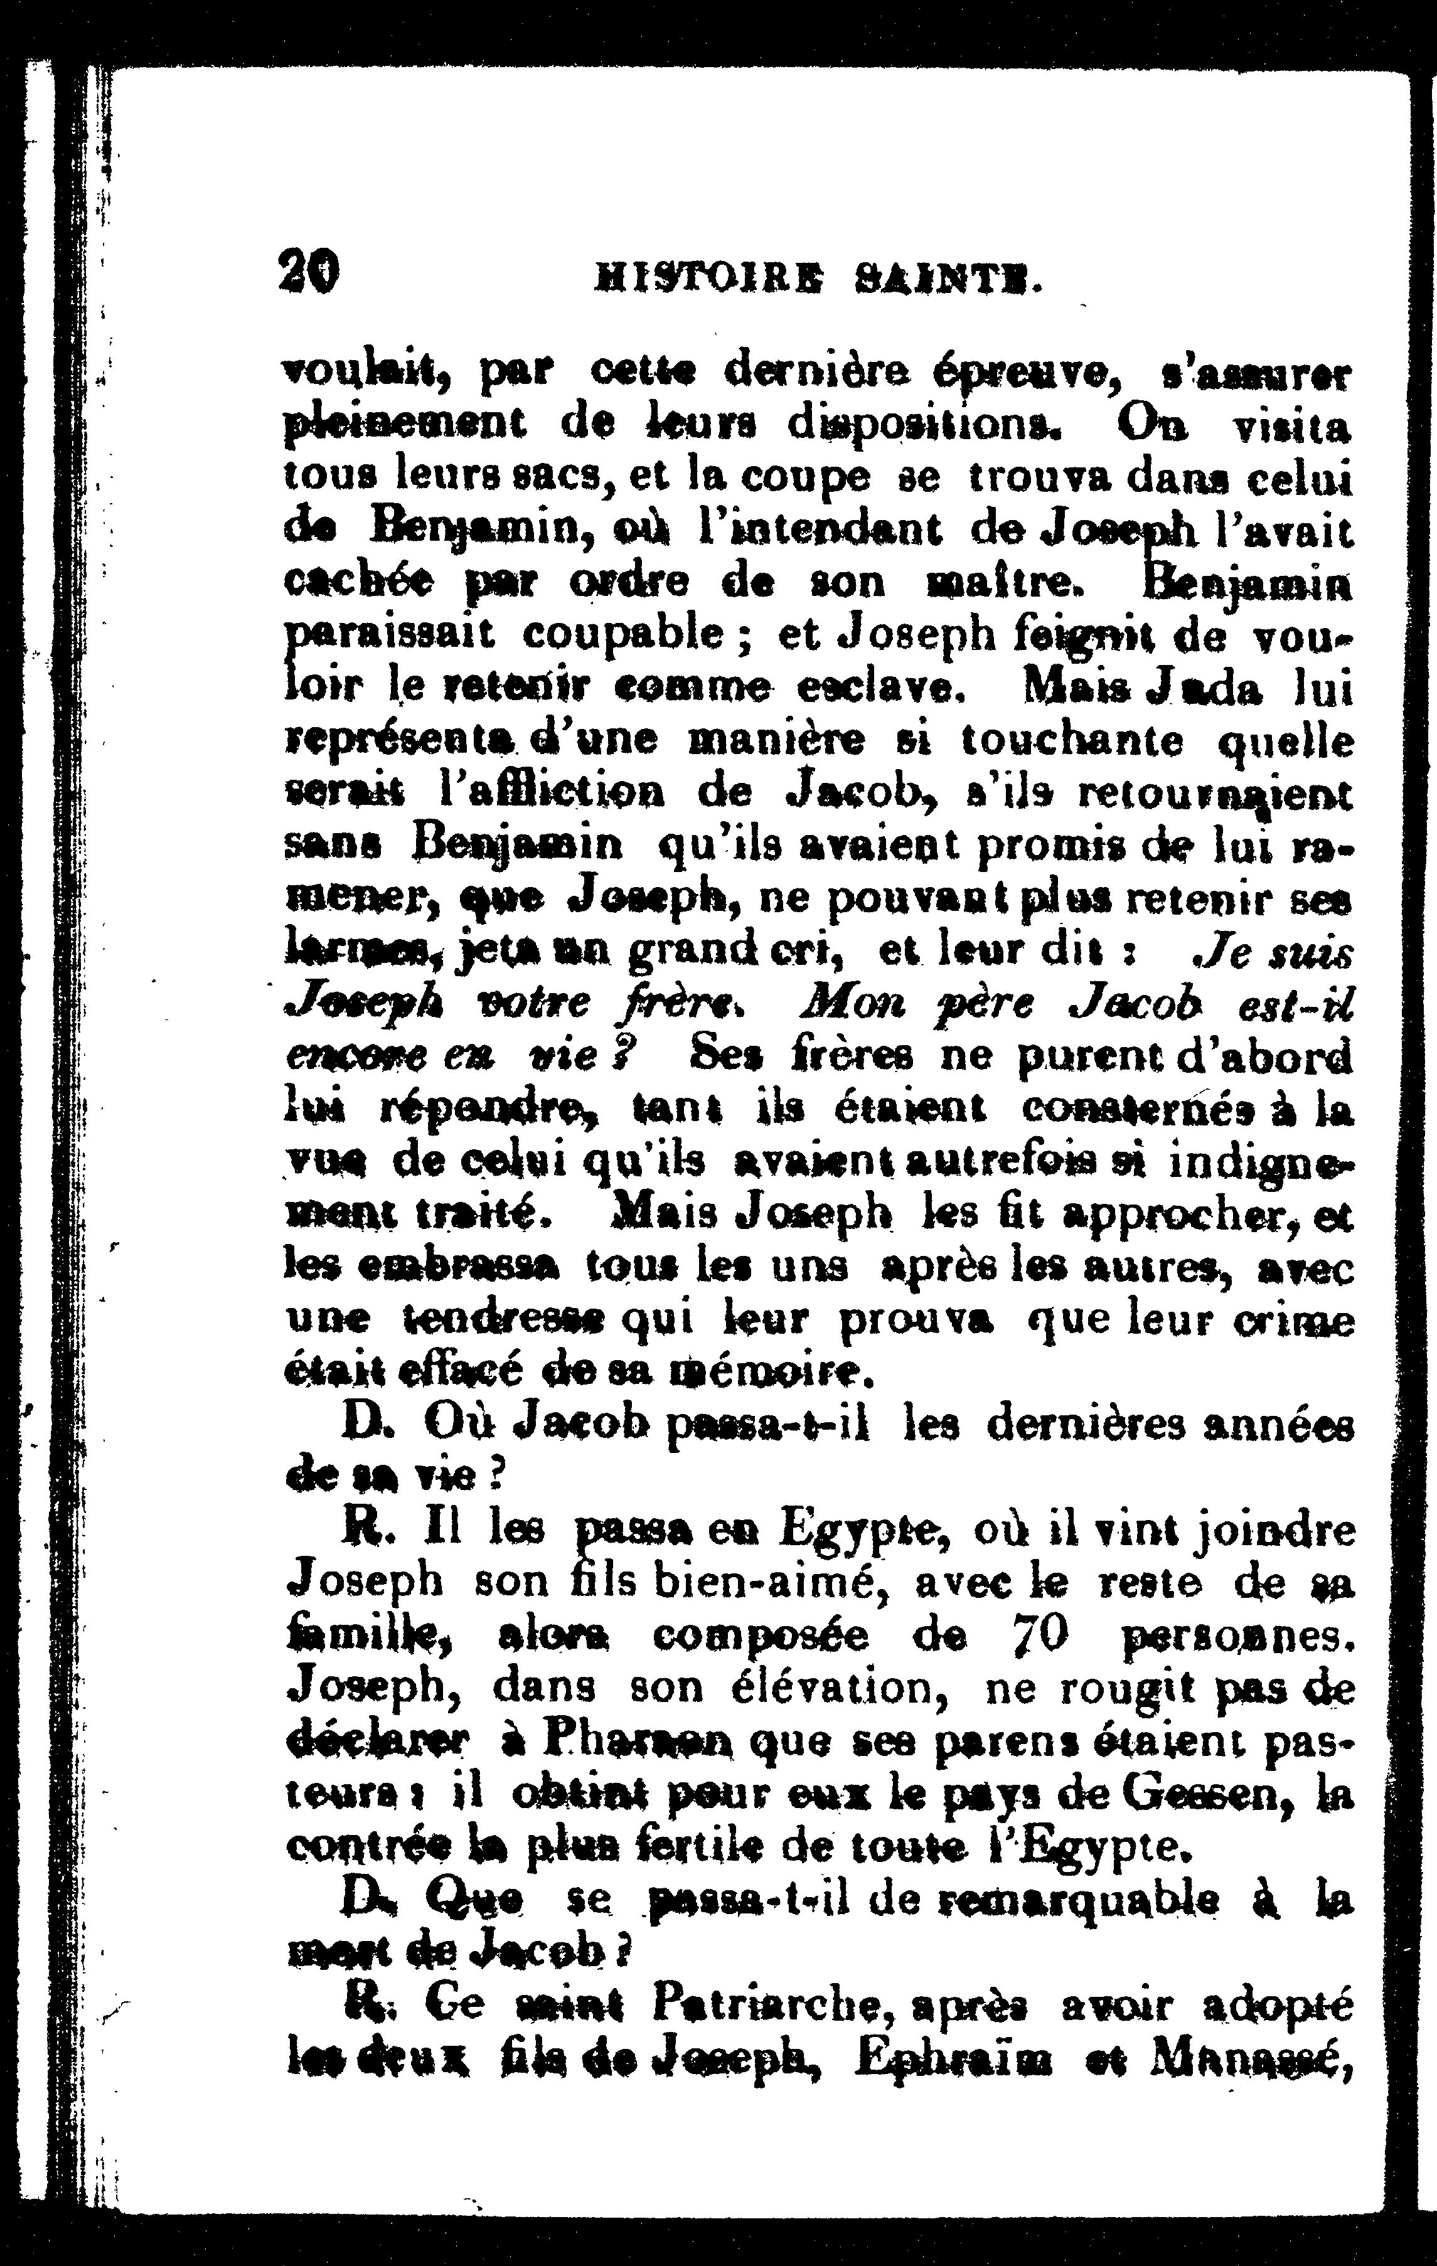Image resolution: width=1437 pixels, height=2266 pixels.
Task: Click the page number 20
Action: click(x=309, y=274)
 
